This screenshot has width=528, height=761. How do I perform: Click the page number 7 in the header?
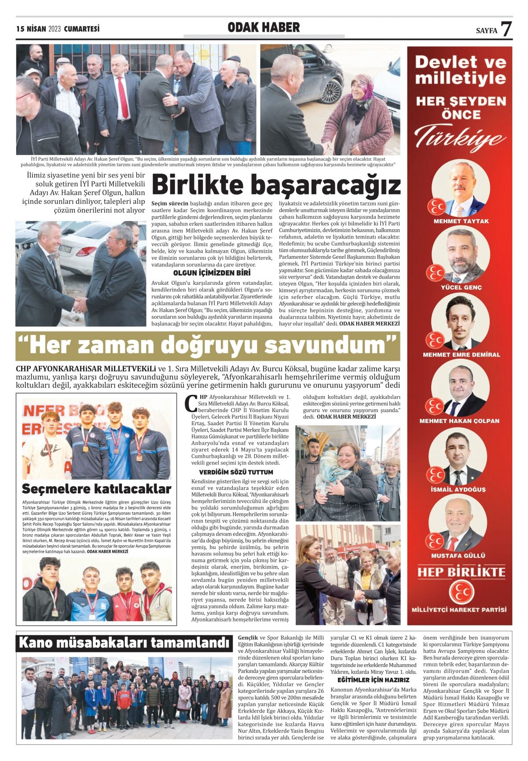(506, 29)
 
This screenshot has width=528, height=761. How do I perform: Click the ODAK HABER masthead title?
(264, 28)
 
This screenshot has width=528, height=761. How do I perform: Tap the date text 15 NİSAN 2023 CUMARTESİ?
(58, 29)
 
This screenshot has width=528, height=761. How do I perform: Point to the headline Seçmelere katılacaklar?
(96, 489)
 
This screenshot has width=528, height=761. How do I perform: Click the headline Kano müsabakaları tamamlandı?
(125, 643)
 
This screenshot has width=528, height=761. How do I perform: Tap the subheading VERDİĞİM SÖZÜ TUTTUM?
(236, 472)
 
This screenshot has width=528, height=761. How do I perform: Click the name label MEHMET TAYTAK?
(461, 221)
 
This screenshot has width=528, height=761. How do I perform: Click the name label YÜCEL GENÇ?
(461, 287)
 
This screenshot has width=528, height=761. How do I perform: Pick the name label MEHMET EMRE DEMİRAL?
(461, 354)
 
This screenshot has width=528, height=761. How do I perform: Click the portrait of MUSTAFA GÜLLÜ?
(459, 524)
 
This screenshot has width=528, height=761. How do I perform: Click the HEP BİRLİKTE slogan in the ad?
(461, 572)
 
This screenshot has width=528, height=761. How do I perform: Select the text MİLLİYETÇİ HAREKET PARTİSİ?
(459, 610)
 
